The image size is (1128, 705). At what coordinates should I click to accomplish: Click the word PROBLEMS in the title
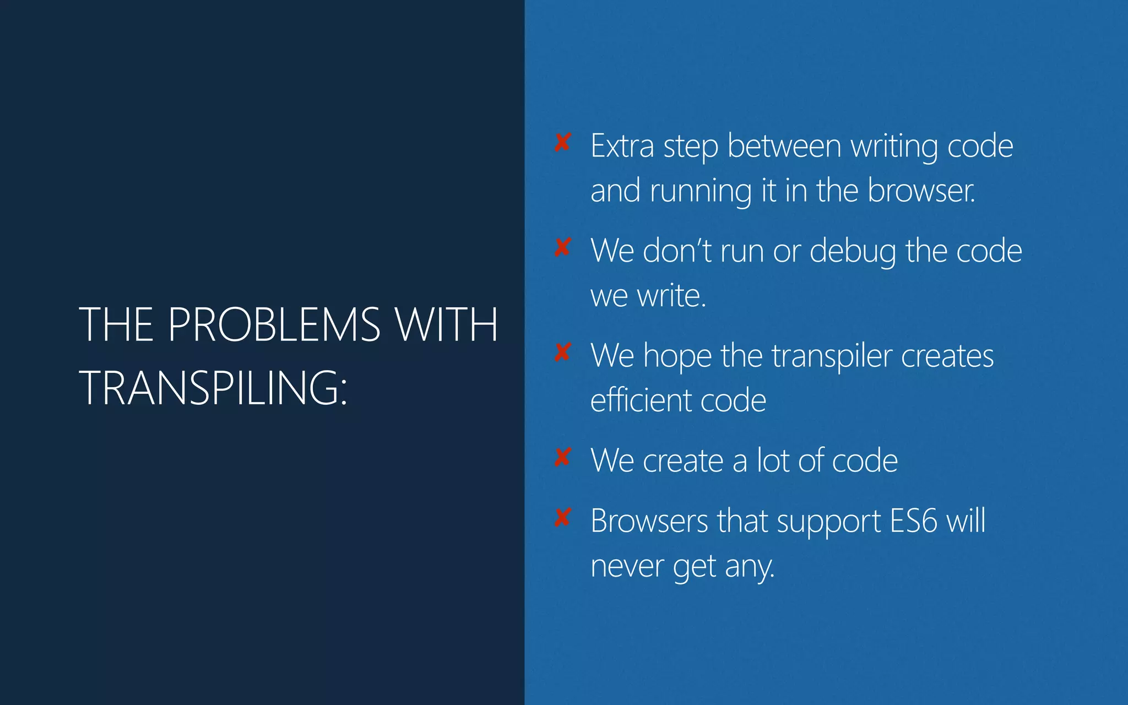tap(274, 324)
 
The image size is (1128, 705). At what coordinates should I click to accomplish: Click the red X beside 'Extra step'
tap(562, 143)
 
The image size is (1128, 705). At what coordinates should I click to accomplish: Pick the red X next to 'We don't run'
tap(562, 247)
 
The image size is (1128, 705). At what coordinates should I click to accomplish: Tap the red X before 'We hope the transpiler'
tap(562, 352)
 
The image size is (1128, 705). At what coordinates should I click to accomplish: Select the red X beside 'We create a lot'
tap(562, 457)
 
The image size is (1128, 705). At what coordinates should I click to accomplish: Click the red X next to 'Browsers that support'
tap(562, 518)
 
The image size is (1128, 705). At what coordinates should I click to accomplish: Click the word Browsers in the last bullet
tap(649, 521)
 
